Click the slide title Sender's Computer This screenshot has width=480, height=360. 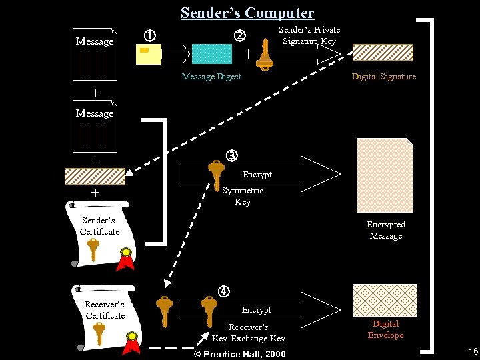pos(247,13)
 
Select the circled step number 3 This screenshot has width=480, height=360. pos(231,156)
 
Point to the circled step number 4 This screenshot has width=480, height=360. pos(224,291)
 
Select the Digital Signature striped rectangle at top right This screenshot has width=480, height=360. pos(383,53)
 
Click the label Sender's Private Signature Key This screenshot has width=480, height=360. pos(309,35)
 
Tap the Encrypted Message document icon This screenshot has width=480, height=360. pos(385,175)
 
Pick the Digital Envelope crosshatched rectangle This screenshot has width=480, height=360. pos(385,300)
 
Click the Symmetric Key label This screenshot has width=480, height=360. pos(243,196)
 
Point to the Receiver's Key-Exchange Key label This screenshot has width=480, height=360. pos(248,333)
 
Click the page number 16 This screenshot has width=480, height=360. pos(473,351)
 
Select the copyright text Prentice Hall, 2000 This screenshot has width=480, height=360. pos(239,354)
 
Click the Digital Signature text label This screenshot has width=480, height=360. pos(383,77)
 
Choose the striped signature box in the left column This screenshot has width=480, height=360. pos(95,176)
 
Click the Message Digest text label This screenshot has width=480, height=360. pos(211,77)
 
